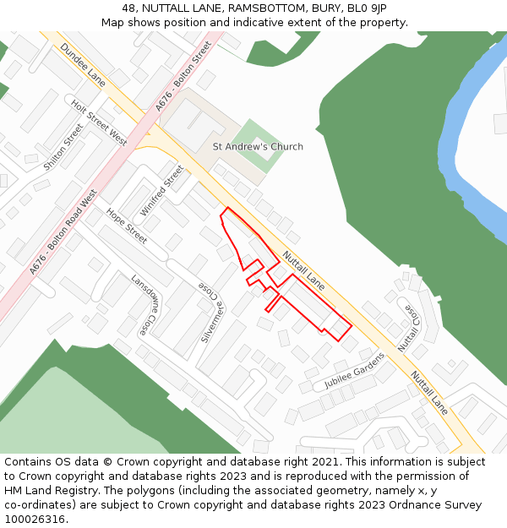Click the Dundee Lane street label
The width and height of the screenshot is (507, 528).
(x=83, y=66)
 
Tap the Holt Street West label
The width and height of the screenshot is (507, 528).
(x=99, y=123)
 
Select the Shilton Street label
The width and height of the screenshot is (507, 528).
(x=64, y=147)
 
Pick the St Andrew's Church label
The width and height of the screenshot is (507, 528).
(x=258, y=147)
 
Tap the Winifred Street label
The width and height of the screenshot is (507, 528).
(x=162, y=190)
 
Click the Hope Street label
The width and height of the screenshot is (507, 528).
(x=127, y=226)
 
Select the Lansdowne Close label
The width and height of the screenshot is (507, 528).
(x=144, y=302)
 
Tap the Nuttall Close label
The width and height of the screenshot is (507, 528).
(x=410, y=328)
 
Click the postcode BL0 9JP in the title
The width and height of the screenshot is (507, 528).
(x=367, y=8)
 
